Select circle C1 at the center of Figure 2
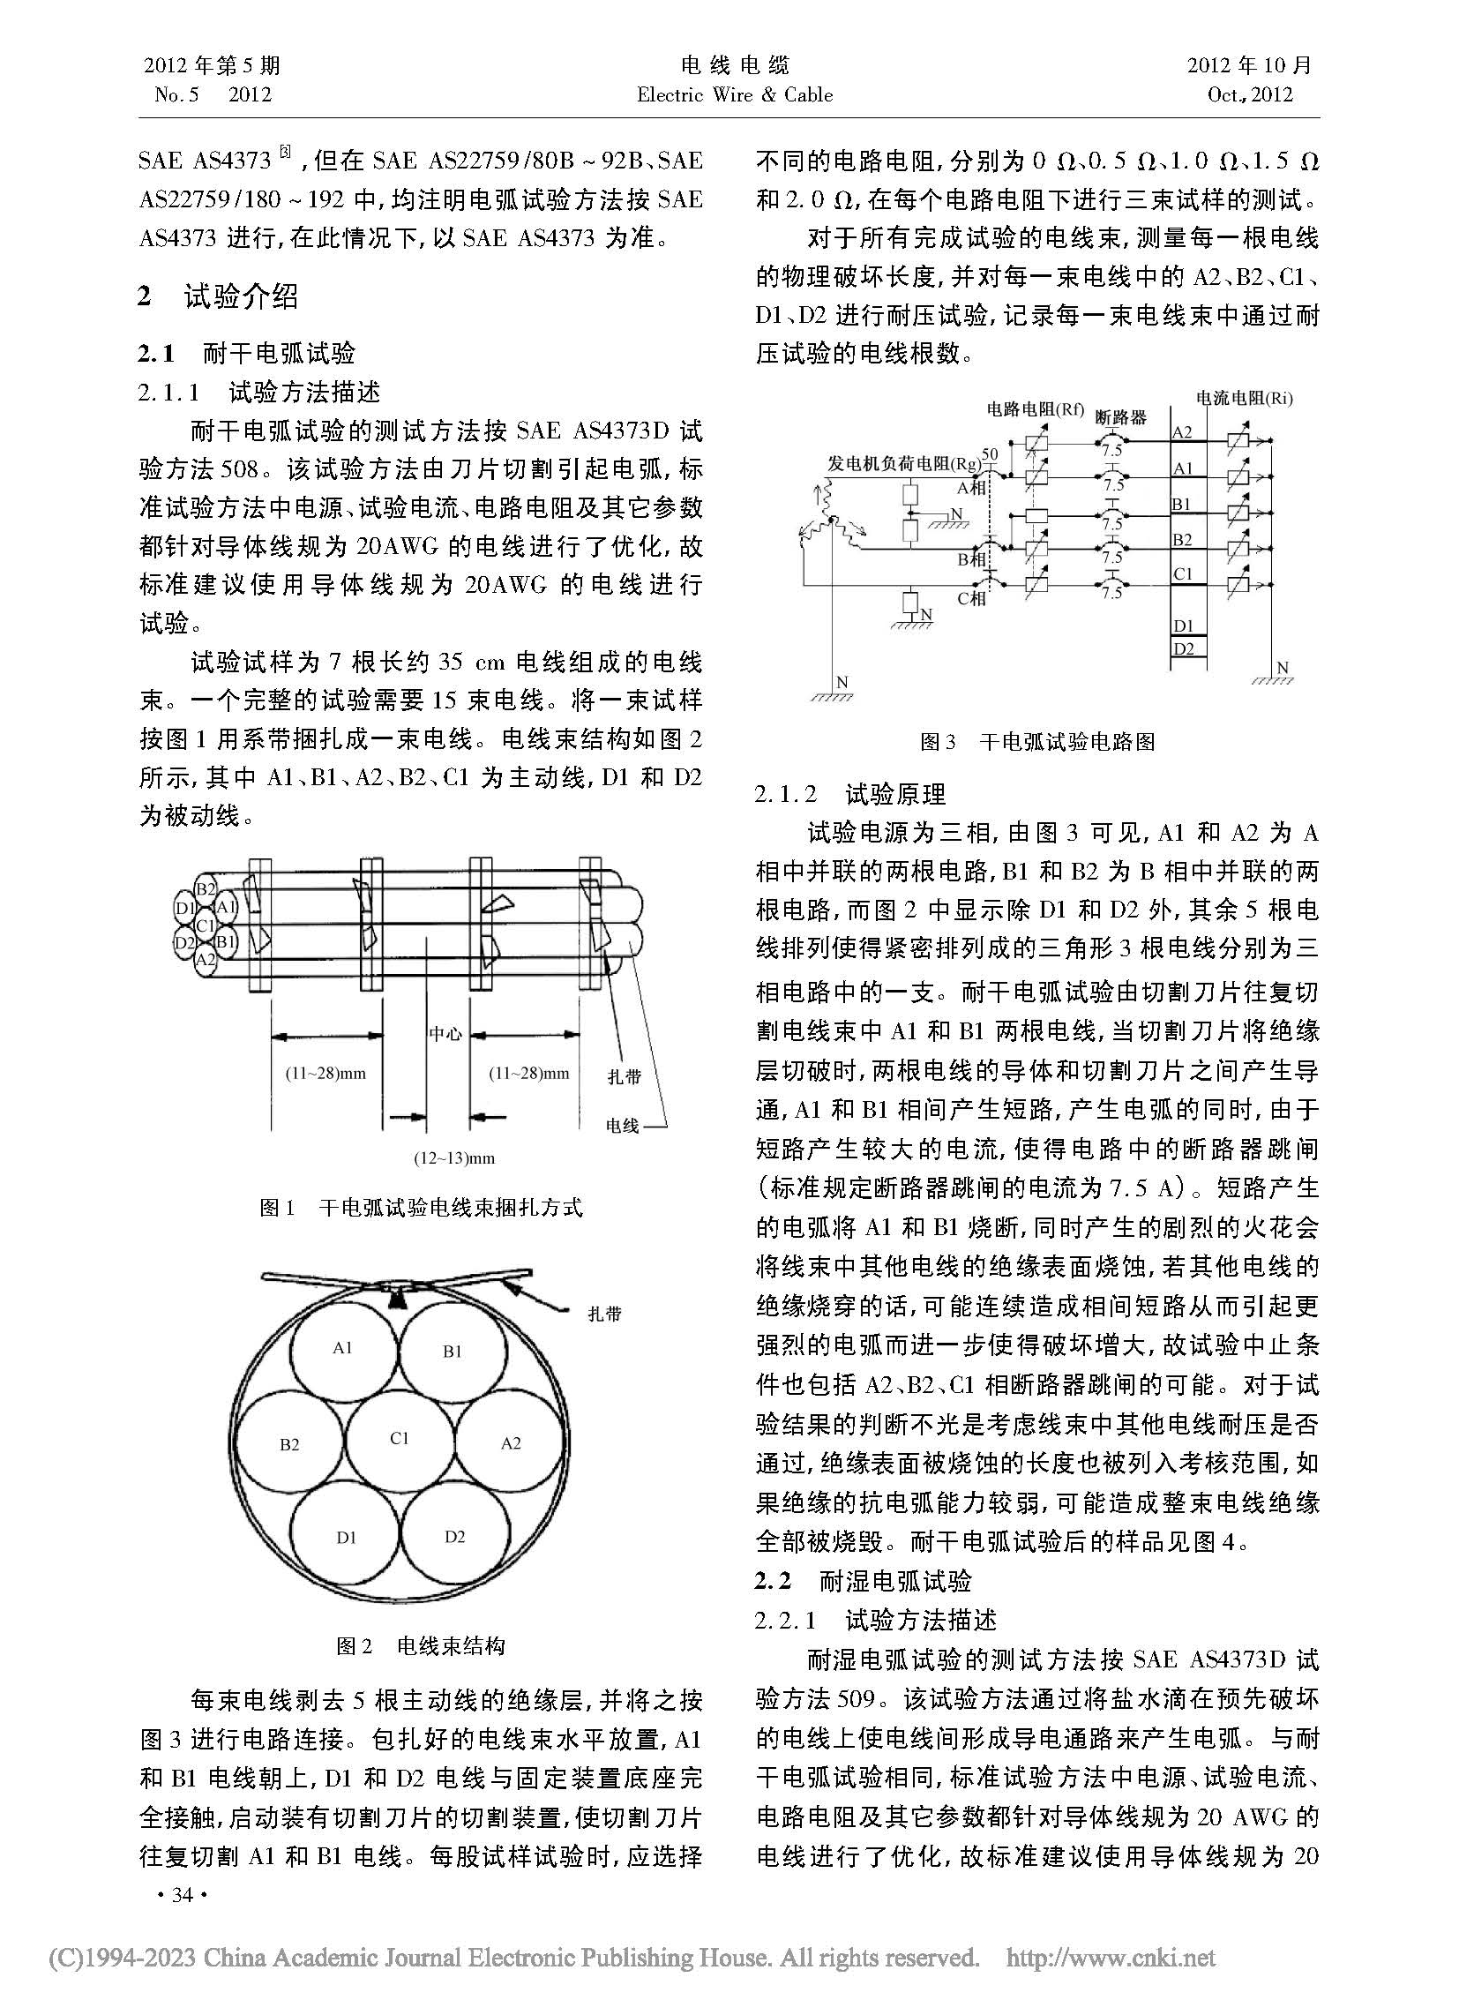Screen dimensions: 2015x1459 point(399,1438)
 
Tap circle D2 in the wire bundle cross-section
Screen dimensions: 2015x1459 point(454,1537)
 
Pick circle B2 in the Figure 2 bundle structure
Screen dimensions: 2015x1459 point(289,1444)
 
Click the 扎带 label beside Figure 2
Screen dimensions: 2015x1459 point(604,1314)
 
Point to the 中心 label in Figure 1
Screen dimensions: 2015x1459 point(445,1033)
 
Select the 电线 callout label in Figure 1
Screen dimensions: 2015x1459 point(622,1126)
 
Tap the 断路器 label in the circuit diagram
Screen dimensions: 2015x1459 point(1120,416)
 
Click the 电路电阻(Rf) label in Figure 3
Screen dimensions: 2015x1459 point(1036,408)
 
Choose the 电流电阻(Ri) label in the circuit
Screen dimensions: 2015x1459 point(1244,398)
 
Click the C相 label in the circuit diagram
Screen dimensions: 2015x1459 point(971,599)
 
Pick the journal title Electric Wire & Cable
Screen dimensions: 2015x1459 point(735,95)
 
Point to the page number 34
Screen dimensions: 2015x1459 point(182,1895)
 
